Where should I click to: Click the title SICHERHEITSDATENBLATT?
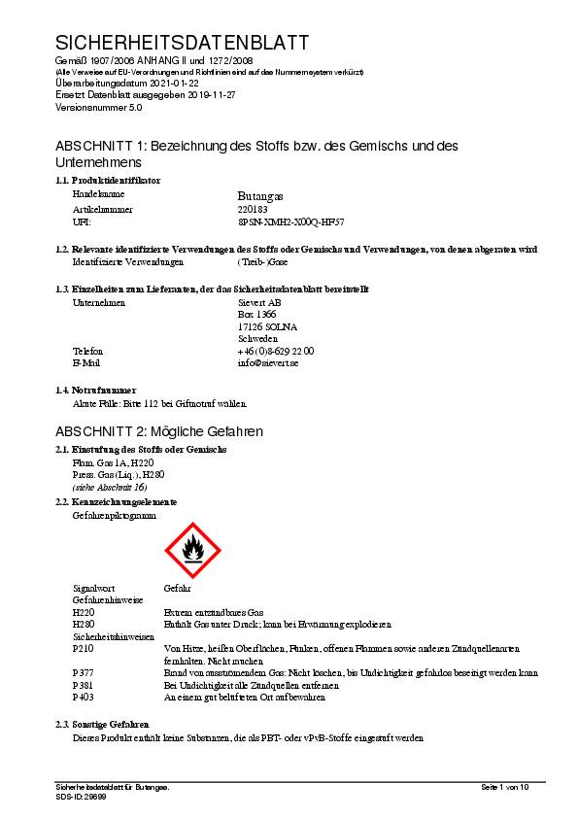(x=182, y=43)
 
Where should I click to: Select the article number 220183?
(x=255, y=209)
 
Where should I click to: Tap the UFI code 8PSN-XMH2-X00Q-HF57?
(x=290, y=222)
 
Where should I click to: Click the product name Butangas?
(x=260, y=195)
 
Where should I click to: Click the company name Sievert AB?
(x=259, y=302)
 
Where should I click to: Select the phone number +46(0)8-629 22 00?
(x=276, y=351)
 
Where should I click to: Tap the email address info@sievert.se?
(x=268, y=362)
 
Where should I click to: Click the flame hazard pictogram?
(x=194, y=549)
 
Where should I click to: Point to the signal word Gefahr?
(x=178, y=589)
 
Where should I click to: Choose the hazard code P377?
(x=84, y=672)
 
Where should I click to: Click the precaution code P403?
(x=84, y=697)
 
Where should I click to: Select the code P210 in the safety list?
(x=84, y=648)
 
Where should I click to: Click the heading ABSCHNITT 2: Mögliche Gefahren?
(x=159, y=430)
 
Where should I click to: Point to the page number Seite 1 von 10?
(x=505, y=786)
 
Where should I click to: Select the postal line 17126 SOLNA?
(x=267, y=326)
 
